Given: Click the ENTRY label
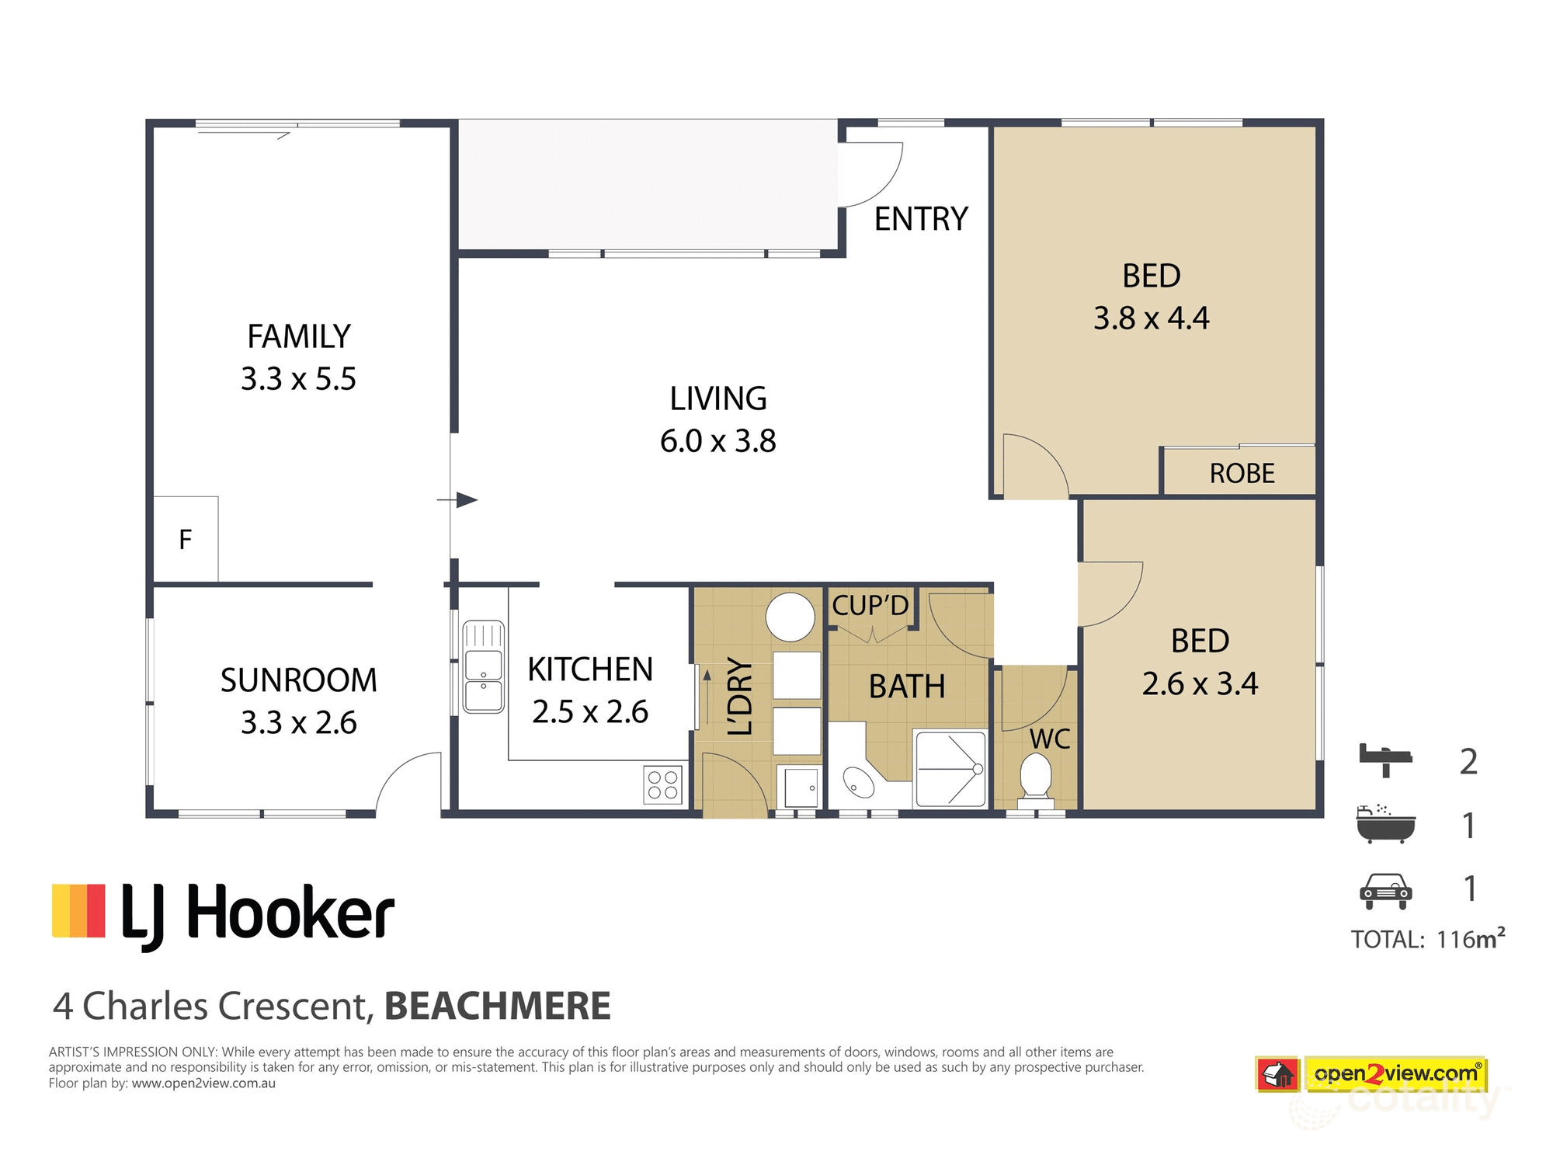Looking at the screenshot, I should (921, 219).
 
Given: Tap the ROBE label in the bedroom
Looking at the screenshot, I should (1242, 473).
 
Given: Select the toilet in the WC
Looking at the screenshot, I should (1035, 777).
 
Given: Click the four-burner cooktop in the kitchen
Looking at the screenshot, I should (663, 784).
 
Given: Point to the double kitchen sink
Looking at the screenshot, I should (483, 666).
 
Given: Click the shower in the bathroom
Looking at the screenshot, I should (950, 769).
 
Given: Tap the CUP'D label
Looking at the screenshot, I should (870, 605).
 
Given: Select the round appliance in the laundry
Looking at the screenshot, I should (790, 617).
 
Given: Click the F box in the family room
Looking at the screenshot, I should (186, 539).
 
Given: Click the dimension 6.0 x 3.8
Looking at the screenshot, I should (717, 441).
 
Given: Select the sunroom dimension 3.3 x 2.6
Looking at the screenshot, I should (298, 722).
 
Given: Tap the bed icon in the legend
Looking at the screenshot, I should (1385, 759).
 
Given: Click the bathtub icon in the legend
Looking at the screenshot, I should (1385, 825).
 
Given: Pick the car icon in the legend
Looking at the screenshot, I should (1385, 890).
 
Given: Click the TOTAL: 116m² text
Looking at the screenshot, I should (1427, 939).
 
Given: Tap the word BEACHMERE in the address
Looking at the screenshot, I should (497, 1006).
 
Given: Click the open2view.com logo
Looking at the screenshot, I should (1395, 1074).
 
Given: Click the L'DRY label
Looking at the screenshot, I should (740, 696).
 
